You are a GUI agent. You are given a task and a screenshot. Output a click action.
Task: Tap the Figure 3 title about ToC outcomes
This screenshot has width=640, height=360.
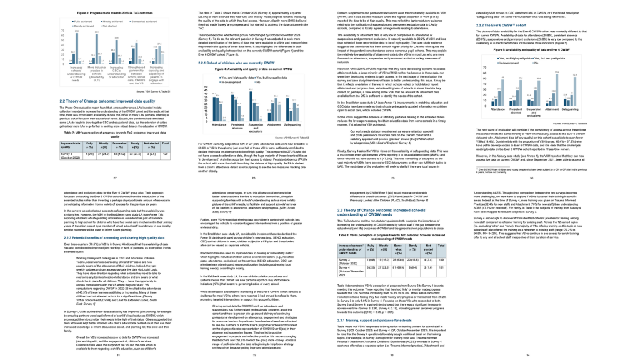81,12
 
